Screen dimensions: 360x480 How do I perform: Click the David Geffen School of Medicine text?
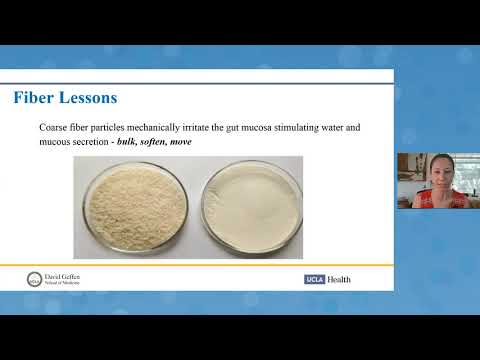[x=65, y=278]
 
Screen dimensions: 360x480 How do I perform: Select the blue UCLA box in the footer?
[x=315, y=279]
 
